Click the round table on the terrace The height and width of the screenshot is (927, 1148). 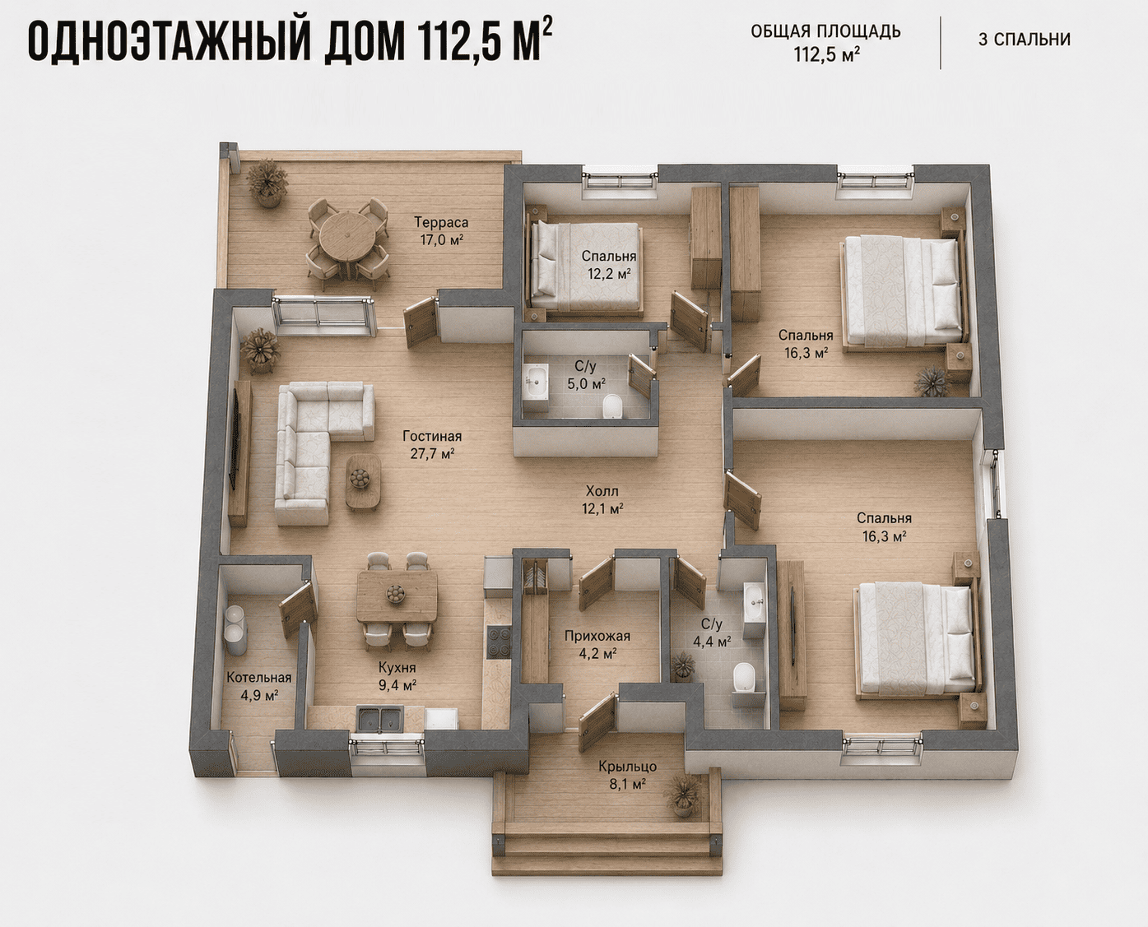[x=347, y=238]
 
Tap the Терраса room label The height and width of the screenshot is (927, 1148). [x=441, y=222]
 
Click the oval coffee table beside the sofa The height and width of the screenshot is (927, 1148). [x=363, y=481]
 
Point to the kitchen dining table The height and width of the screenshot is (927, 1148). [x=397, y=596]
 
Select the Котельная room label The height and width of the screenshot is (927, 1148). [x=258, y=678]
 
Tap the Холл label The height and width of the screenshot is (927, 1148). [x=602, y=491]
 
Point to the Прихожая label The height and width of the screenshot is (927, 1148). [x=597, y=636]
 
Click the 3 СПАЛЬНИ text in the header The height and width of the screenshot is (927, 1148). [x=1025, y=39]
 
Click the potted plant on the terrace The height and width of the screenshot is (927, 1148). [x=267, y=182]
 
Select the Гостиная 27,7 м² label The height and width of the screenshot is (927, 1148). [x=432, y=444]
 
